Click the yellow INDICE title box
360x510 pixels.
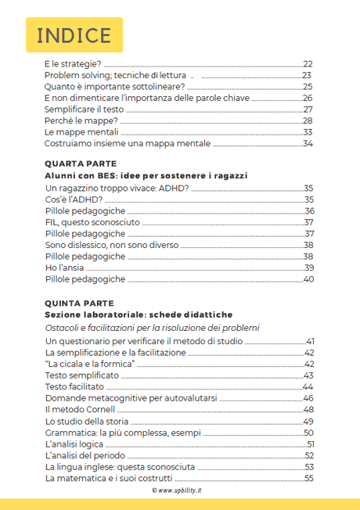(x=74, y=35)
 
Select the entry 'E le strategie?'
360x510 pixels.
(x=74, y=64)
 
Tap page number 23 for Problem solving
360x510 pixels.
(x=308, y=76)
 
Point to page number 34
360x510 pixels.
(x=308, y=144)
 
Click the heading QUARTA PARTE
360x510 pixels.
(x=80, y=164)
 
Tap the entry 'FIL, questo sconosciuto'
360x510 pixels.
(x=92, y=222)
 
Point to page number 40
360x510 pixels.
(x=308, y=279)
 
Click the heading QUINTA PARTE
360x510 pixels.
(x=80, y=303)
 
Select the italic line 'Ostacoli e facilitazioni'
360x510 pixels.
(x=151, y=327)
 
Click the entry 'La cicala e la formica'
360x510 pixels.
(x=91, y=365)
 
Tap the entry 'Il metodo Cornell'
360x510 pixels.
(x=81, y=409)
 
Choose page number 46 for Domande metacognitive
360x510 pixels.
(x=308, y=398)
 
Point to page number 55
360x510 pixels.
(x=308, y=478)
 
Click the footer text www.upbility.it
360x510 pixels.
(x=180, y=490)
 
